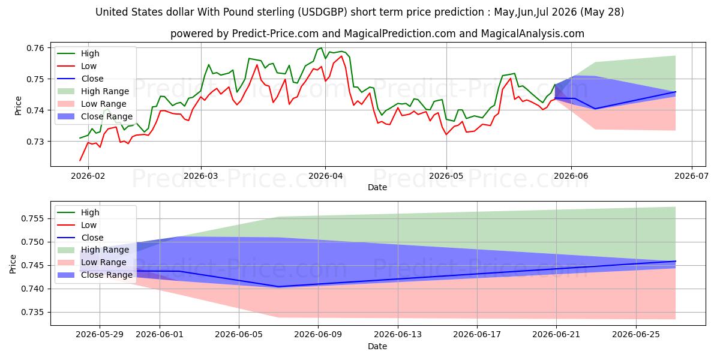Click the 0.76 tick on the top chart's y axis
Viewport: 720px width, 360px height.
(35, 48)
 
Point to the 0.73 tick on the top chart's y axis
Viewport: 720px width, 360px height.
(35, 142)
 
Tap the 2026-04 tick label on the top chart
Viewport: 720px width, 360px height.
(325, 176)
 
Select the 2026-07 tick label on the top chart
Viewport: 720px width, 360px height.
(691, 176)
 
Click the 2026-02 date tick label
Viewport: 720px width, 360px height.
(88, 176)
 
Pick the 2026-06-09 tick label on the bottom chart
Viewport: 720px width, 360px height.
(318, 335)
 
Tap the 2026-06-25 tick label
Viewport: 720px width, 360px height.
(636, 335)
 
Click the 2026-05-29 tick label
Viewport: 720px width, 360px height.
(100, 335)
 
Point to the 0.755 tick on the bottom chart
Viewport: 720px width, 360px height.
(32, 219)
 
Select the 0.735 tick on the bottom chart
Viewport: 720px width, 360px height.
(32, 313)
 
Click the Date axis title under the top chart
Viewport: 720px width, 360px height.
(377, 187)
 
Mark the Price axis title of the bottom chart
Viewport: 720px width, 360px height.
(13, 264)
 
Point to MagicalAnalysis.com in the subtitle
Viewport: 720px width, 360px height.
(533, 34)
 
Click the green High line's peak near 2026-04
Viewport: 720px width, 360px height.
(321, 48)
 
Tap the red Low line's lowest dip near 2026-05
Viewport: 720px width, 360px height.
(446, 134)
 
